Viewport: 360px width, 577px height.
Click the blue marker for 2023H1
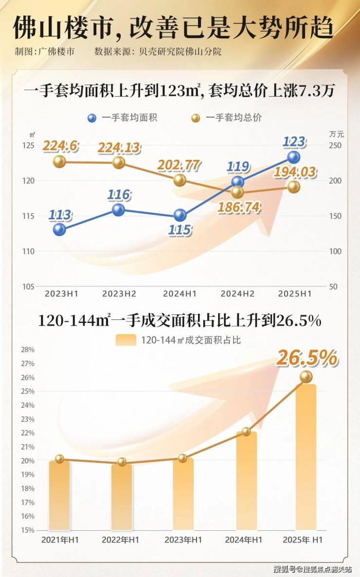[x=59, y=229]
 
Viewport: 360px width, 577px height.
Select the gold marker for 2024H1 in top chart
[x=180, y=180]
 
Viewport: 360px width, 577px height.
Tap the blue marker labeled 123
[x=293, y=157]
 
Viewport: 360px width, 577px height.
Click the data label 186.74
[x=239, y=208]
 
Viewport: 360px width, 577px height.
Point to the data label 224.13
[x=119, y=147]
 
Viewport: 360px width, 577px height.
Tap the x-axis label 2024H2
[x=238, y=294]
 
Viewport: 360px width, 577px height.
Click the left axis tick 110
[x=28, y=251]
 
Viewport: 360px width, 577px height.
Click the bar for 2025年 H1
[x=306, y=457]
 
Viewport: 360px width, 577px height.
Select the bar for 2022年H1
[x=122, y=497]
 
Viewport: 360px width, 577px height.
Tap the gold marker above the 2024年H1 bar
[x=246, y=431]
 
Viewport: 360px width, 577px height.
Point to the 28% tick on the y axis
[x=27, y=350]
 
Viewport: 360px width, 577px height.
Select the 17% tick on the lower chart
[x=27, y=502]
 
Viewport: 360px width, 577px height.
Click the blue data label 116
[x=119, y=195]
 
